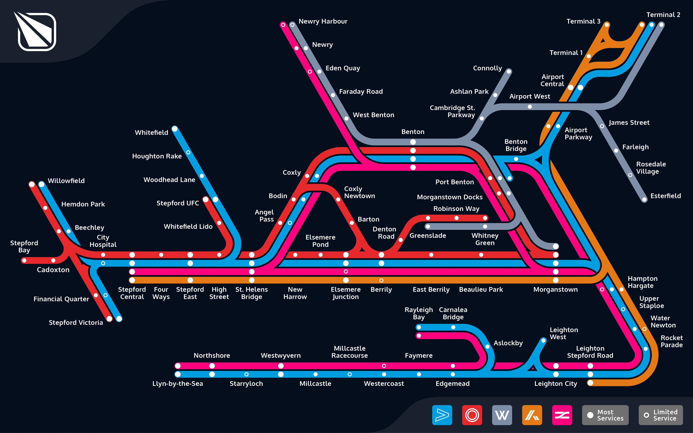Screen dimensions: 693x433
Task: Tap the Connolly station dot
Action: pos(509,72)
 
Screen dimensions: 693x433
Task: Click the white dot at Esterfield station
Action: pos(644,200)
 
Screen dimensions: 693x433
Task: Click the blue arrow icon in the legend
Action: pos(442,415)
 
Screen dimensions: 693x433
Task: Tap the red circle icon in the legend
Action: pos(472,415)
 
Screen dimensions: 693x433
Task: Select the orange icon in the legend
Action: pos(532,415)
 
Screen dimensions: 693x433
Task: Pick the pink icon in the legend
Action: pos(562,415)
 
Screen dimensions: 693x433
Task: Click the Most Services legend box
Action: pos(605,415)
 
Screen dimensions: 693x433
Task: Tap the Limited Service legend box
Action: pos(661,415)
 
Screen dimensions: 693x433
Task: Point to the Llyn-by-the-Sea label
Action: pos(177,384)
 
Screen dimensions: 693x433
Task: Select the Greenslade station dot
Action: pos(428,227)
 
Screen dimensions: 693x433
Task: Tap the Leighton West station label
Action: pos(564,333)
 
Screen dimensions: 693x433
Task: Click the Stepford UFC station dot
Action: pos(205,199)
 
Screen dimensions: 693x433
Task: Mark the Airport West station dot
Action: pos(530,107)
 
